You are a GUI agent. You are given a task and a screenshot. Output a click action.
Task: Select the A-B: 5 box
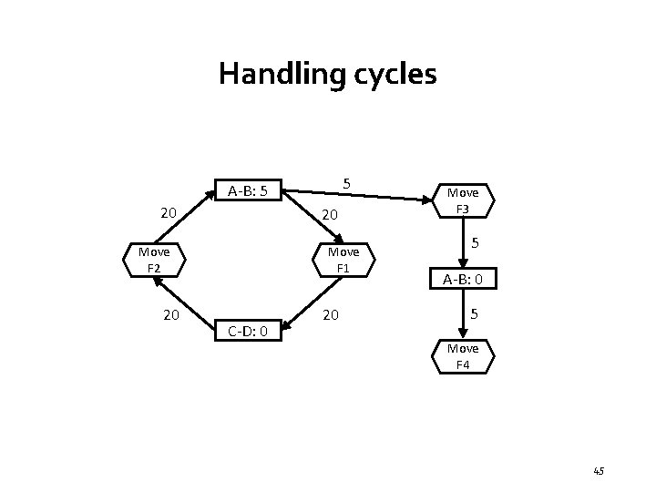pyautogui.click(x=247, y=191)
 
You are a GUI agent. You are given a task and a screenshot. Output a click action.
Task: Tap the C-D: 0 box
pyautogui.click(x=247, y=331)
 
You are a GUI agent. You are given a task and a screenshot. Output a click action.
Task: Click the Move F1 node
pyautogui.click(x=343, y=260)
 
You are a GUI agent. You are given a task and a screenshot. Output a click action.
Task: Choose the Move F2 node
pyautogui.click(x=153, y=260)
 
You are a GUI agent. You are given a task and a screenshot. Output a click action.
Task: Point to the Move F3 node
pyautogui.click(x=463, y=200)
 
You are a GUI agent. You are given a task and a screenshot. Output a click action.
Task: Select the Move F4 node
pyautogui.click(x=463, y=356)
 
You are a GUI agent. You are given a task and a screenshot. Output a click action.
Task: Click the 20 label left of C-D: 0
pyautogui.click(x=169, y=315)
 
